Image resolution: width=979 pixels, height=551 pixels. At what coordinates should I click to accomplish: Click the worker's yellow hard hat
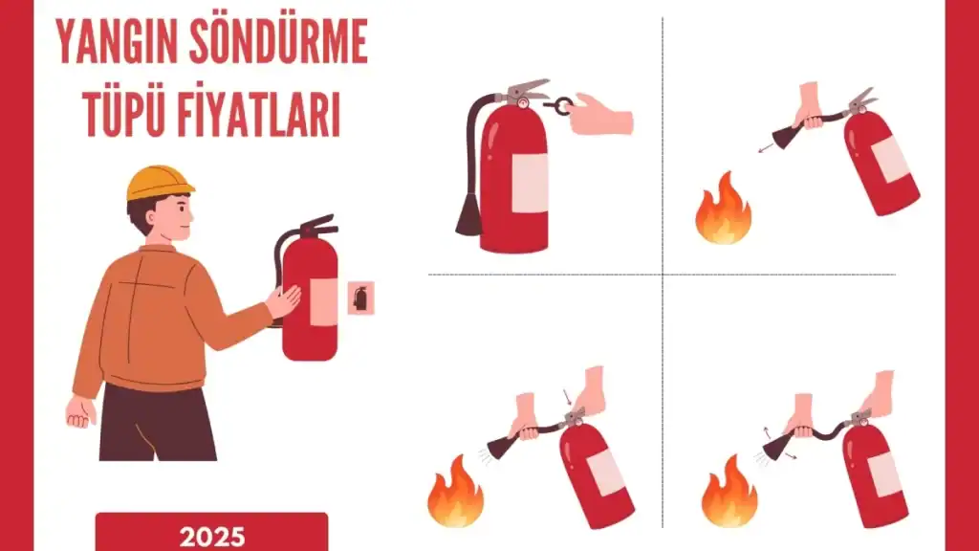click(159, 182)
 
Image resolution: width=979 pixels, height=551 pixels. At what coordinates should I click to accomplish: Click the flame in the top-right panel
click(724, 209)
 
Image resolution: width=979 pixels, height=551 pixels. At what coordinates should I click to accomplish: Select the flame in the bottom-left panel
click(455, 492)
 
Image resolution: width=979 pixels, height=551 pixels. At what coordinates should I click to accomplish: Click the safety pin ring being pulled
click(564, 103)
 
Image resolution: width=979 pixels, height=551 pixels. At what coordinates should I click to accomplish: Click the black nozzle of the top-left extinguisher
click(468, 215)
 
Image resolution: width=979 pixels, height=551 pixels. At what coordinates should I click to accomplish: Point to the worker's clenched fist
click(81, 411)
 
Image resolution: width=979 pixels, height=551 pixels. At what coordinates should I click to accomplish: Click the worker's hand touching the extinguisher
click(284, 300)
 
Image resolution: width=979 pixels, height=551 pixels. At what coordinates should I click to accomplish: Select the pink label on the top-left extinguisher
click(530, 183)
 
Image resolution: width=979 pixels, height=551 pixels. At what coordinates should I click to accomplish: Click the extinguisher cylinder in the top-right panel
click(881, 163)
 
